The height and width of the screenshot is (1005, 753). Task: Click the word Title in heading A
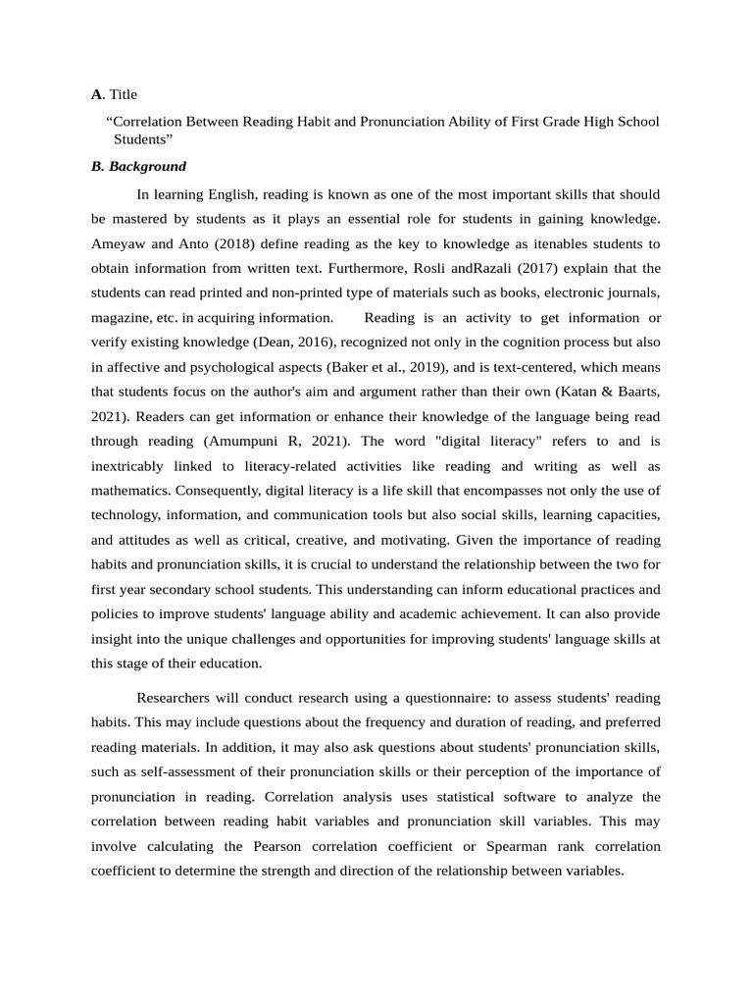(x=123, y=95)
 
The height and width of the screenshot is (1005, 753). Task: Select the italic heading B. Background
(x=138, y=167)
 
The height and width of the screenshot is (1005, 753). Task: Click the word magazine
(x=121, y=318)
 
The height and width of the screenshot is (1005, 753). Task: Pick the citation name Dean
(x=276, y=343)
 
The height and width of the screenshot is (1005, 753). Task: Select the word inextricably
(x=128, y=466)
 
